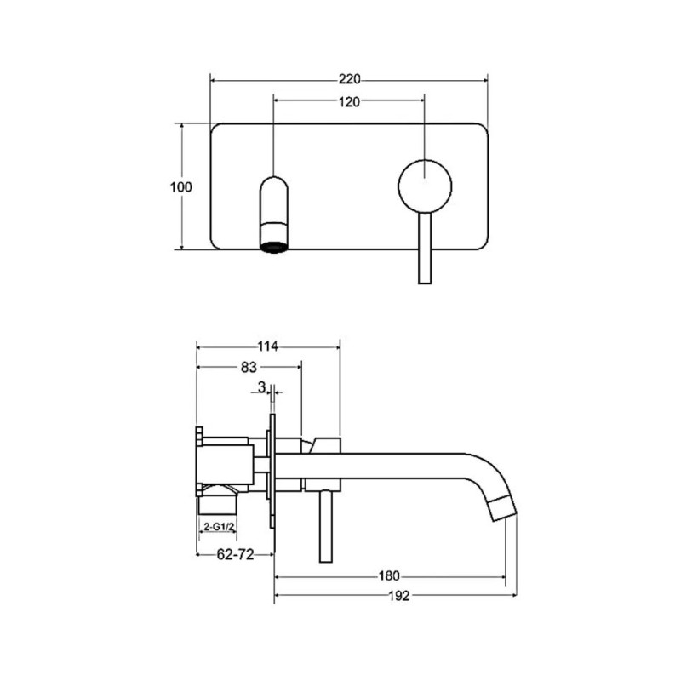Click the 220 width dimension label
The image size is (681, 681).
(350, 79)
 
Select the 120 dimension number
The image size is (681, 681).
(350, 101)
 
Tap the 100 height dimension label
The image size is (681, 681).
(180, 187)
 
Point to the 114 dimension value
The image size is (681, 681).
(267, 346)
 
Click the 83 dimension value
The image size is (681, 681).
(249, 367)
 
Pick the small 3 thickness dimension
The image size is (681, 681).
(261, 386)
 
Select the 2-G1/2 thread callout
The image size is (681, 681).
(219, 527)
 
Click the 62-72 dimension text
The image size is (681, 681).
(235, 554)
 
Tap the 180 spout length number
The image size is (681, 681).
(389, 576)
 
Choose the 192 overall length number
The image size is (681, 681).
(398, 595)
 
